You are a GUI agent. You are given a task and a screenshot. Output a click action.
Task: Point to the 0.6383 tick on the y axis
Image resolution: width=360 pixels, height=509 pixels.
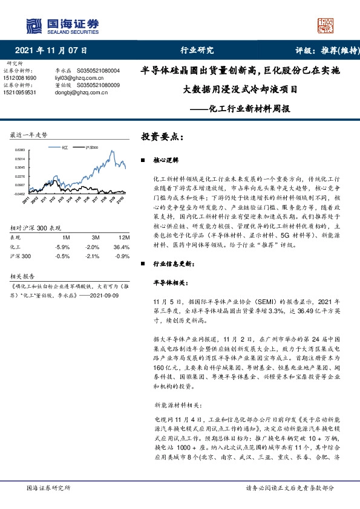pos(20,149)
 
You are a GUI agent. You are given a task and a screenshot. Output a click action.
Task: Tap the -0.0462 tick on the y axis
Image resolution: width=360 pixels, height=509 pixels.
pos(20,193)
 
